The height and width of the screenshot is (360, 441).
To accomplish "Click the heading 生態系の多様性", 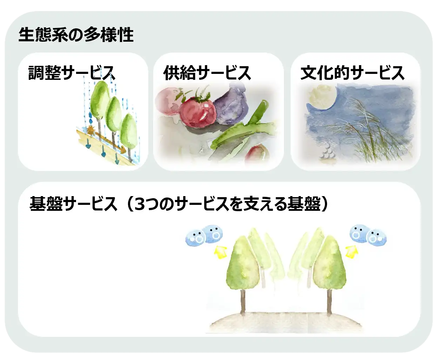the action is tap(76, 35).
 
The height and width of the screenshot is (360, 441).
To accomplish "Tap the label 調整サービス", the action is tap(72, 72).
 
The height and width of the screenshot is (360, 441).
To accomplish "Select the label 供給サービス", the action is tap(207, 72).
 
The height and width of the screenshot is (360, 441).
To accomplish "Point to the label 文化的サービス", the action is tap(353, 72).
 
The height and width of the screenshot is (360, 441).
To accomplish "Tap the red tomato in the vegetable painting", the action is tap(198, 111).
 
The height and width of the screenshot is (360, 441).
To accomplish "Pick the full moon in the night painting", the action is tap(322, 97).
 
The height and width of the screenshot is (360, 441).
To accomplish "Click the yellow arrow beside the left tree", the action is tap(220, 252).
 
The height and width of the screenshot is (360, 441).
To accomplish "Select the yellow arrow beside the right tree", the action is tap(352, 251).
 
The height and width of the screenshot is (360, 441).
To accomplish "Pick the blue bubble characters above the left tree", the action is tap(204, 235).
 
